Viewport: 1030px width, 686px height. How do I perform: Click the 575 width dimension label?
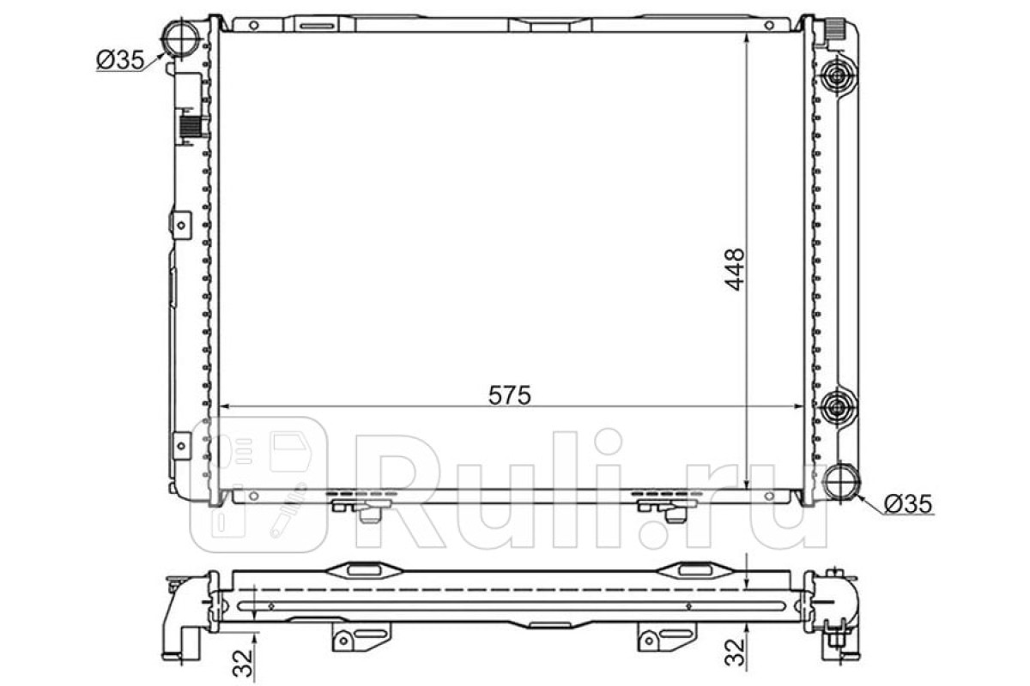510,395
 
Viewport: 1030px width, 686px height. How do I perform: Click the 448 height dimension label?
735,269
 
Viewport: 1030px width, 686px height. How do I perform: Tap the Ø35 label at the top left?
120,60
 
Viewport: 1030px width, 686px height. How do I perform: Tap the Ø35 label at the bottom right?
909,504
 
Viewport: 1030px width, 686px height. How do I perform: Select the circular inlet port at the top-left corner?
181,38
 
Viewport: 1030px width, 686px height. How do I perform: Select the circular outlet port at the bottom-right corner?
841,483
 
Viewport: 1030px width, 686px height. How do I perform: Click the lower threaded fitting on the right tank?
835,406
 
